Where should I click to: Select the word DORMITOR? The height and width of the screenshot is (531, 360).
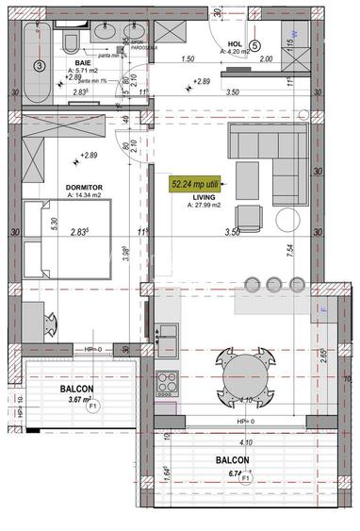coord(83,188)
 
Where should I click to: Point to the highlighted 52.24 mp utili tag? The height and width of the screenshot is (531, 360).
coord(198,184)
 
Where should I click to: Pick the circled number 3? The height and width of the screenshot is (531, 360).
coord(38,66)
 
